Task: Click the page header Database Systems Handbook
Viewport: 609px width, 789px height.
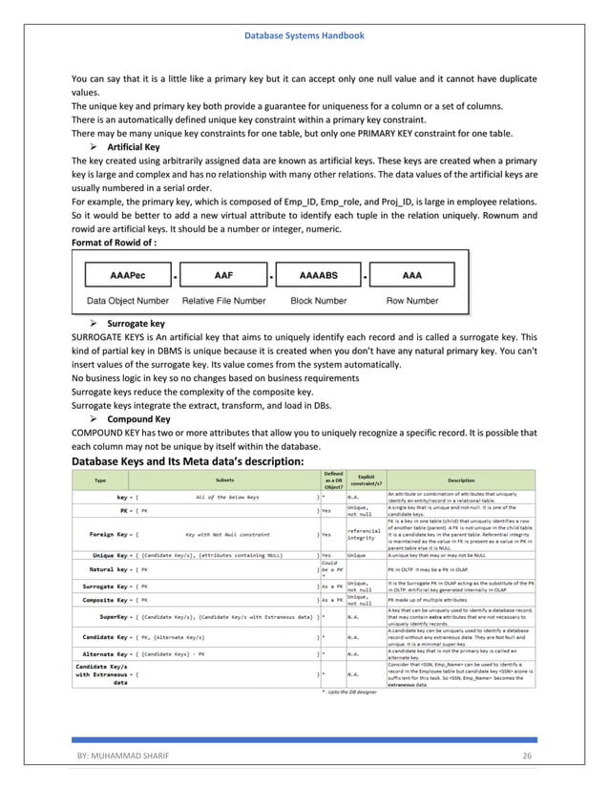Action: pos(304,35)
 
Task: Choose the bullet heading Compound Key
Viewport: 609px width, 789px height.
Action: pos(139,417)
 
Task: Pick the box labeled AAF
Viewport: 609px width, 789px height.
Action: pos(222,275)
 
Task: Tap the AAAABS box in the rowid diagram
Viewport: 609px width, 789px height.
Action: pos(318,275)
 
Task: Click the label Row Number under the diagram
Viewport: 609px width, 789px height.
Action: pos(411,300)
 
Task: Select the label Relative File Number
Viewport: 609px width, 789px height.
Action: pos(223,300)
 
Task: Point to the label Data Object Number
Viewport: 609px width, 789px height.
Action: pos(121,300)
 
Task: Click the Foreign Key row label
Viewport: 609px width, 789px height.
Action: pos(114,535)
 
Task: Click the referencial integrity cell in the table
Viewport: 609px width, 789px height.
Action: pos(364,535)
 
